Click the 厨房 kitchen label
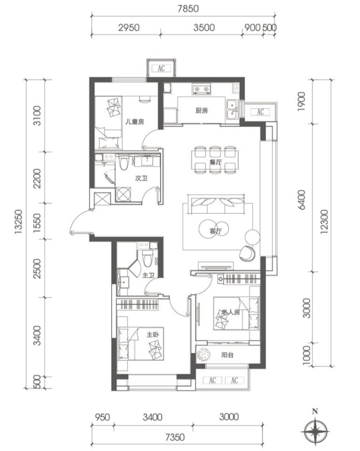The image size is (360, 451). (202, 110)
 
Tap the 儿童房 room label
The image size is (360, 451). (134, 122)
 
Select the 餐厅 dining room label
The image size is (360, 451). (216, 162)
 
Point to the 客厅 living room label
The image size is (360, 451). (216, 231)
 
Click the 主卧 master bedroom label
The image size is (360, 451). (153, 335)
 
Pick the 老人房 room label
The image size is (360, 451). (231, 312)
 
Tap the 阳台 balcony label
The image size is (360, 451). (227, 355)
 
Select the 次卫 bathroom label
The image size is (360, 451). (141, 178)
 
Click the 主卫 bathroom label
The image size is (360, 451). (148, 275)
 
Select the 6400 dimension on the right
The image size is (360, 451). (301, 200)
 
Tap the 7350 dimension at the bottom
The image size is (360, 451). (175, 437)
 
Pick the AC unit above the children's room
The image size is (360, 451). (161, 68)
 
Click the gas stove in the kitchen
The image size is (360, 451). (202, 89)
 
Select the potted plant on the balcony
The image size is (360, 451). (203, 355)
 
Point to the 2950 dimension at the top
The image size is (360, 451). (128, 28)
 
